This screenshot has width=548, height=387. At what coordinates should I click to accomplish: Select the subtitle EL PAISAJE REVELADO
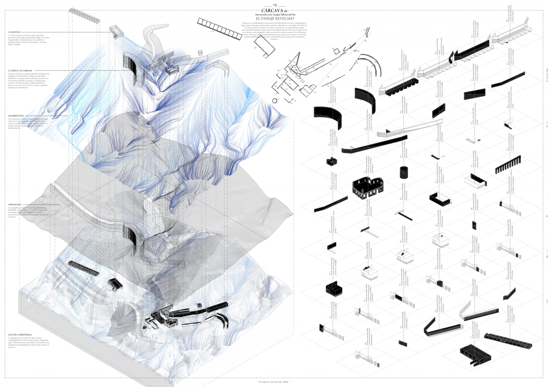[274, 19]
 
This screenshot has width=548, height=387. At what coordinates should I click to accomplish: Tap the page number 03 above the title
[274, 4]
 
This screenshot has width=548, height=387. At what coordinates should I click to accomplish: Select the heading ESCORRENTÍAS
[16, 115]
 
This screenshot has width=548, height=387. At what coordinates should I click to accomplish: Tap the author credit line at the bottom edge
[274, 381]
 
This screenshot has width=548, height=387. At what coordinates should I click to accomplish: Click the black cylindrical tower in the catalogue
[404, 173]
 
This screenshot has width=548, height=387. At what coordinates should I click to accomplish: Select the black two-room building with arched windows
[368, 188]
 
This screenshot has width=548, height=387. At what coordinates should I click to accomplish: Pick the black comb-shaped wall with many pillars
[508, 165]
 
